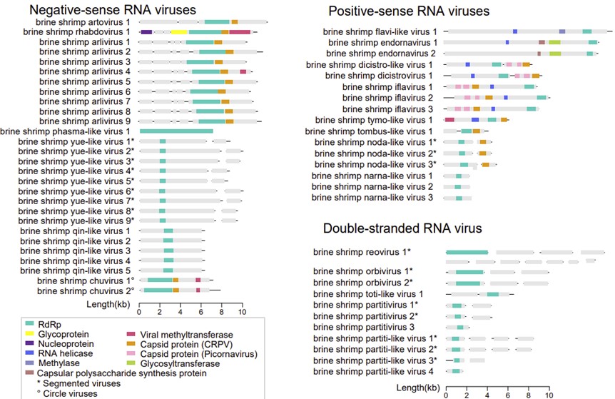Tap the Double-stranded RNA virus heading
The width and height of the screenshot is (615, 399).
[402, 228]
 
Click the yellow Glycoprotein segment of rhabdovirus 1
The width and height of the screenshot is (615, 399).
[179, 32]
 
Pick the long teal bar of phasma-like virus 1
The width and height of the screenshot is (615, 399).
[176, 131]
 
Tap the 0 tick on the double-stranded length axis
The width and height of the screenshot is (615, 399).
[447, 393]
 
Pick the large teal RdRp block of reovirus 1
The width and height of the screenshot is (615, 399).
[467, 253]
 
